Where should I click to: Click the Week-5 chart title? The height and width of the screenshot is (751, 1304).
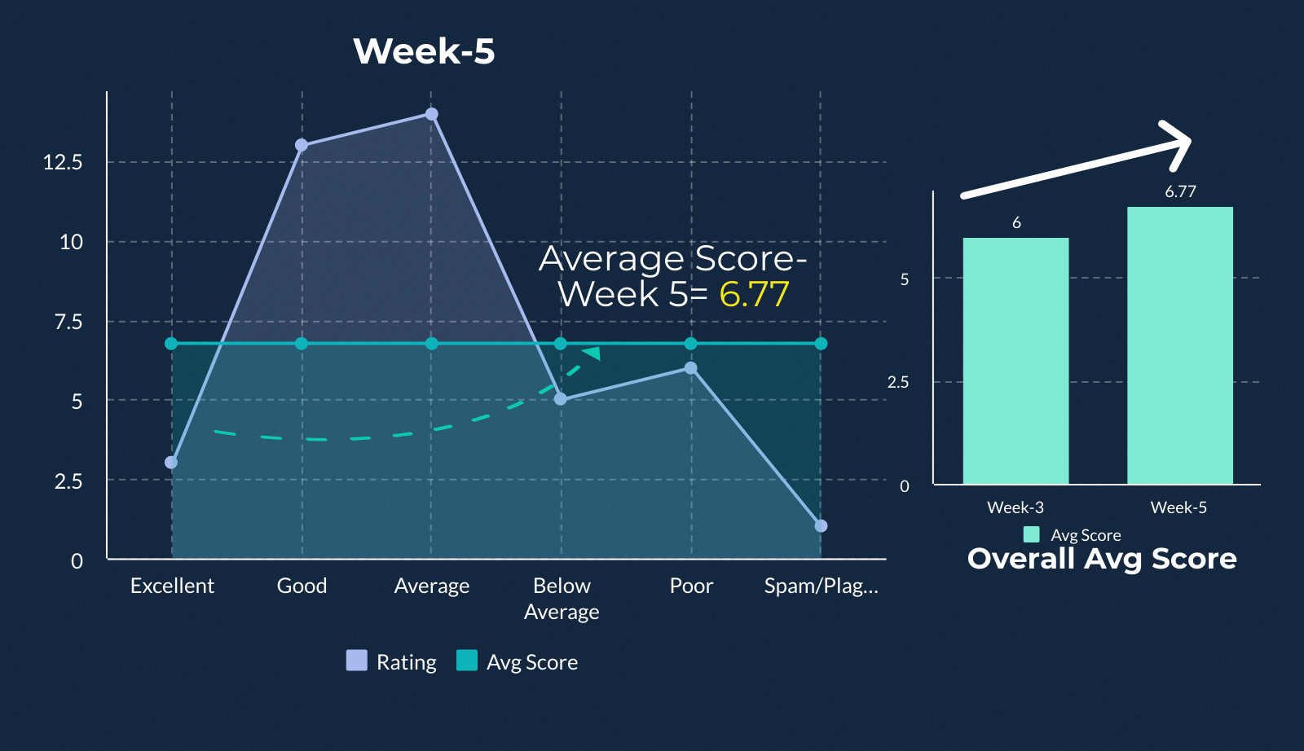(424, 51)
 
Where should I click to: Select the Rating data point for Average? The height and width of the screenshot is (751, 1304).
(431, 114)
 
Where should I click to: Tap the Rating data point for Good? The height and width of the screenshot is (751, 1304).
(302, 145)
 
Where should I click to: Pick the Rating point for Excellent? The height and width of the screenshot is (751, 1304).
(171, 463)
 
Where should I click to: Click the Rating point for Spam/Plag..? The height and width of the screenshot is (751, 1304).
(821, 526)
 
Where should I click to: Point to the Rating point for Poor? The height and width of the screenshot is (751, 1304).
(691, 368)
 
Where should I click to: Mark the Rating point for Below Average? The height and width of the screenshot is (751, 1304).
(561, 400)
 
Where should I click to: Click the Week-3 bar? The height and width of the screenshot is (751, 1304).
(1015, 361)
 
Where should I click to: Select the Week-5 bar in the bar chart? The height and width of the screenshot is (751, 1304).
(1180, 345)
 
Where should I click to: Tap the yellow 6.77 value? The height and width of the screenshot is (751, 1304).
(755, 294)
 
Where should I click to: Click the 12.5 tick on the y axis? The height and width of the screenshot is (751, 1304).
(63, 162)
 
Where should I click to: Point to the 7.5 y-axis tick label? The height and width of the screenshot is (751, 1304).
(68, 322)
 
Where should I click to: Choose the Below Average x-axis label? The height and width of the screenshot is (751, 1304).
(562, 599)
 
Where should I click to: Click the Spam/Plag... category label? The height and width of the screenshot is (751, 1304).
(822, 586)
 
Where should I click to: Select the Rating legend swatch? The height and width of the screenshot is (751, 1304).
(357, 661)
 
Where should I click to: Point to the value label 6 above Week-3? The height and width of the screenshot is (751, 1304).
(1016, 223)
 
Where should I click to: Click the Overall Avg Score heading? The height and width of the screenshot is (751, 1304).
(1102, 559)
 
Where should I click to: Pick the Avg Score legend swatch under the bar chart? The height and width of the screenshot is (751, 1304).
(1032, 534)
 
